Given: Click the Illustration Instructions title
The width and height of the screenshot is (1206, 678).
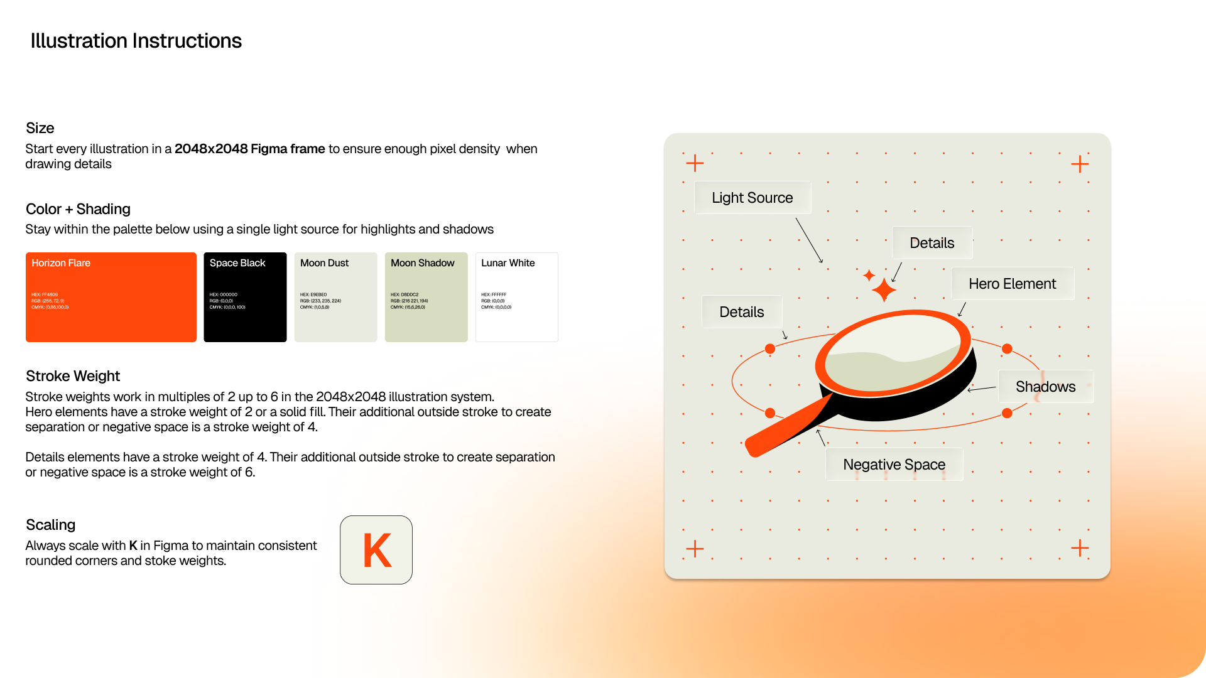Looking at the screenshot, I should coord(136,41).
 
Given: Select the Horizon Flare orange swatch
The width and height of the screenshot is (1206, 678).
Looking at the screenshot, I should coord(111,297).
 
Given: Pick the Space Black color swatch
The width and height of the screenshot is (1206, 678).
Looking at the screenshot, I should coord(245,297).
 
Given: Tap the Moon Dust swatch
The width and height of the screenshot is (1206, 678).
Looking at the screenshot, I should coord(335,297).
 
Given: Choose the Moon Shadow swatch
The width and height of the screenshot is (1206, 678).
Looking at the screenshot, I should coord(426,297).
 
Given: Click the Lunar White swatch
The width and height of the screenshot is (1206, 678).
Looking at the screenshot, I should coord(516,297).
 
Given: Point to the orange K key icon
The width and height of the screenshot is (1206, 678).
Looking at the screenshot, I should coord(376,550).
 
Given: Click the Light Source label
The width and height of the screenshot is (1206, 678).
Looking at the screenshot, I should coord(752,198).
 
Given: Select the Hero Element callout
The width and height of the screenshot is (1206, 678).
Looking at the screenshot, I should coord(1012,284).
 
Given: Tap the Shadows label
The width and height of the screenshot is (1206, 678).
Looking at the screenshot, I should coord(1045,387).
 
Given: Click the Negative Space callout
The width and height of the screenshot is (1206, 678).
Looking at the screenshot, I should coord(894,465).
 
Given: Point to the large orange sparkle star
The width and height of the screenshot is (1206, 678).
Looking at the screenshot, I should coord(884,290).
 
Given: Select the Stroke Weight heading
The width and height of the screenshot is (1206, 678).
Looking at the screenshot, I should coord(73,376).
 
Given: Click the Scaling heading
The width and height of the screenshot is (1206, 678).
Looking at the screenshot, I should coord(51,525).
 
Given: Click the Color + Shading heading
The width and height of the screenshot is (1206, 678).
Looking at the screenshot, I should coord(78,209).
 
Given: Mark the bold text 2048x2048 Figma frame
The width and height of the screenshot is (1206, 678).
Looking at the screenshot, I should coord(249,149).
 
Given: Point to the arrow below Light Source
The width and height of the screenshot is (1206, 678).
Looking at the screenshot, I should coord(809,240).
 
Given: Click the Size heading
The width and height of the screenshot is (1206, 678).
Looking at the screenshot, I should coord(40,128).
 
